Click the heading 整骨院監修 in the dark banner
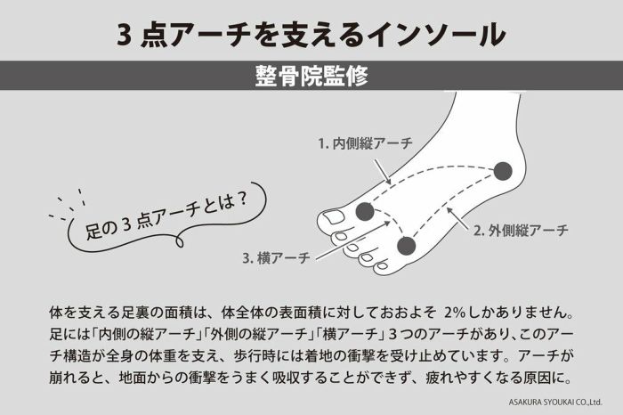[311, 76]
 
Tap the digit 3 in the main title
[125, 33]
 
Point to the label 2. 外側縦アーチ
[521, 231]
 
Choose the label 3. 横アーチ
[276, 258]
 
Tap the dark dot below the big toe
[365, 211]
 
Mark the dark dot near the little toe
[407, 246]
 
